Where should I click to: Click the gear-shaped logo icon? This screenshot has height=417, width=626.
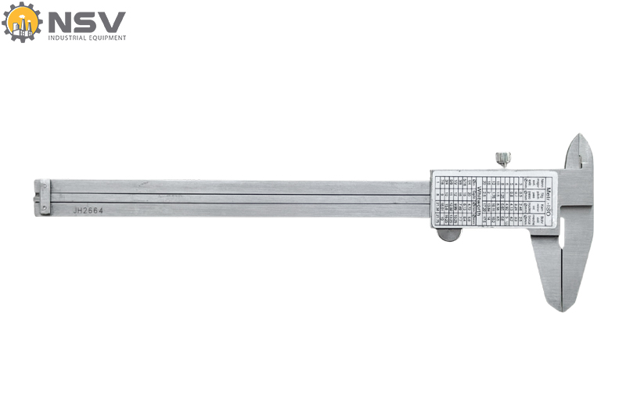(22, 22)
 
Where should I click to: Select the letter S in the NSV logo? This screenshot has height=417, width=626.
(85, 22)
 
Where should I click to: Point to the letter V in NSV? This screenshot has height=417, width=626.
(111, 22)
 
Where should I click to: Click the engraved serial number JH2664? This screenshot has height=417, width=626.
(88, 210)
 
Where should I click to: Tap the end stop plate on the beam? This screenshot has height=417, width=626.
(44, 196)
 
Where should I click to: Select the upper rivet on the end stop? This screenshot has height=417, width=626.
(44, 185)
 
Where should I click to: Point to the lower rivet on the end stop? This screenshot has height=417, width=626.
(44, 207)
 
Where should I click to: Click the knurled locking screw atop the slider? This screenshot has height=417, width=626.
(502, 159)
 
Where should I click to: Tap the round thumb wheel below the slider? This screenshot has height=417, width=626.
(448, 233)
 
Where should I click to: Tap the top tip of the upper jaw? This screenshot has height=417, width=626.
(580, 137)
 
